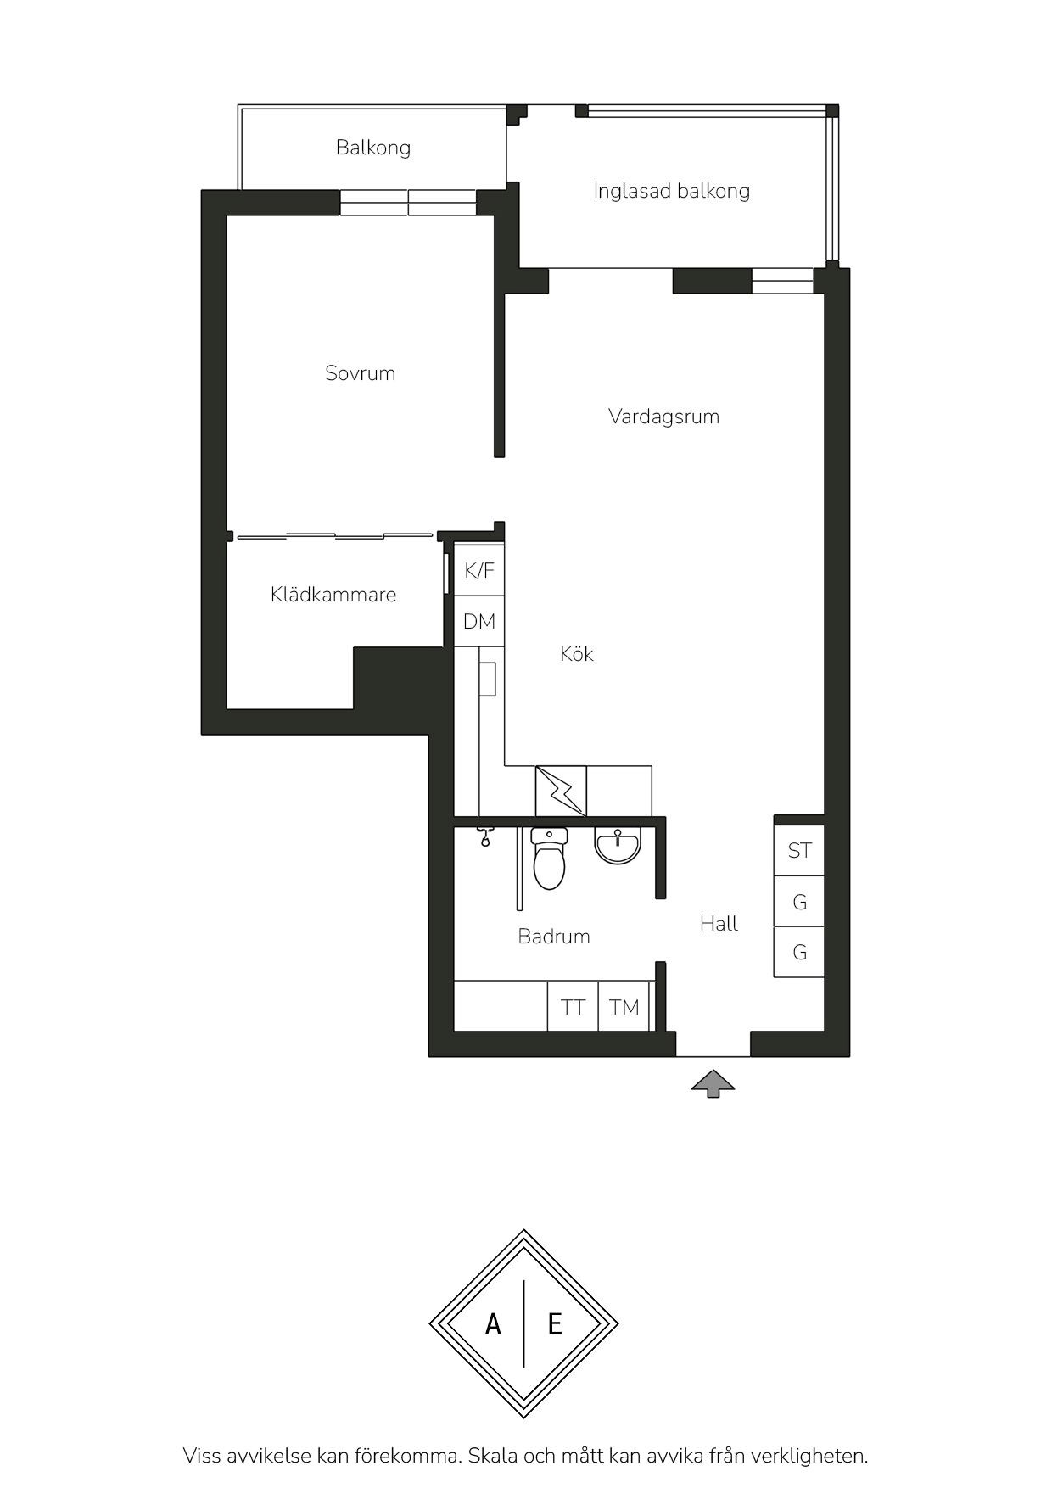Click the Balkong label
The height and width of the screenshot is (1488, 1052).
[373, 148]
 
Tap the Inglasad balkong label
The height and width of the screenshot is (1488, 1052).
[672, 191]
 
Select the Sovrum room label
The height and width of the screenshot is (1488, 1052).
[361, 373]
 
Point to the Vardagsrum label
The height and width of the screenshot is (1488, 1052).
[664, 417]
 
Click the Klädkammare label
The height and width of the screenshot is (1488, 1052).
[333, 595]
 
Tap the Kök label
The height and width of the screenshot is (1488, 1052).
[577, 654]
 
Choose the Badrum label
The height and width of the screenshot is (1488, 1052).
[554, 937]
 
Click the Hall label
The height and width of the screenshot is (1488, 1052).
[719, 924]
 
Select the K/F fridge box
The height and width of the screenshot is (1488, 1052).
[479, 570]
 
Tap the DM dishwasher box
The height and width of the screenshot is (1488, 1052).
[479, 622]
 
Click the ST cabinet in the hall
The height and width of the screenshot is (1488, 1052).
[799, 850]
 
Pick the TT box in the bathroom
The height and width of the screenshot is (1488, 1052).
[573, 1007]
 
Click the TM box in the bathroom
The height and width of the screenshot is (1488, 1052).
[624, 1007]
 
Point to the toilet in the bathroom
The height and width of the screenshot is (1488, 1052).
[549, 859]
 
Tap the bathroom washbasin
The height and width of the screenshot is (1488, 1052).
[618, 846]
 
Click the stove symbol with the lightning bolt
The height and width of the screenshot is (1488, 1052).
[561, 792]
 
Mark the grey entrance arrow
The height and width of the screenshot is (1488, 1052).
[713, 1084]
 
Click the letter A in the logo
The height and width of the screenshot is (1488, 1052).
[493, 1323]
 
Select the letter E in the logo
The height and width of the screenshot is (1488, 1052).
[555, 1323]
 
